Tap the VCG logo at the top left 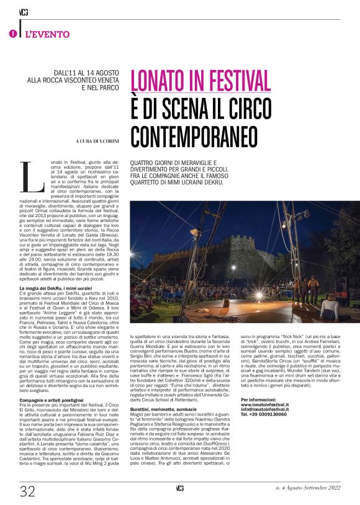[x=24, y=11]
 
